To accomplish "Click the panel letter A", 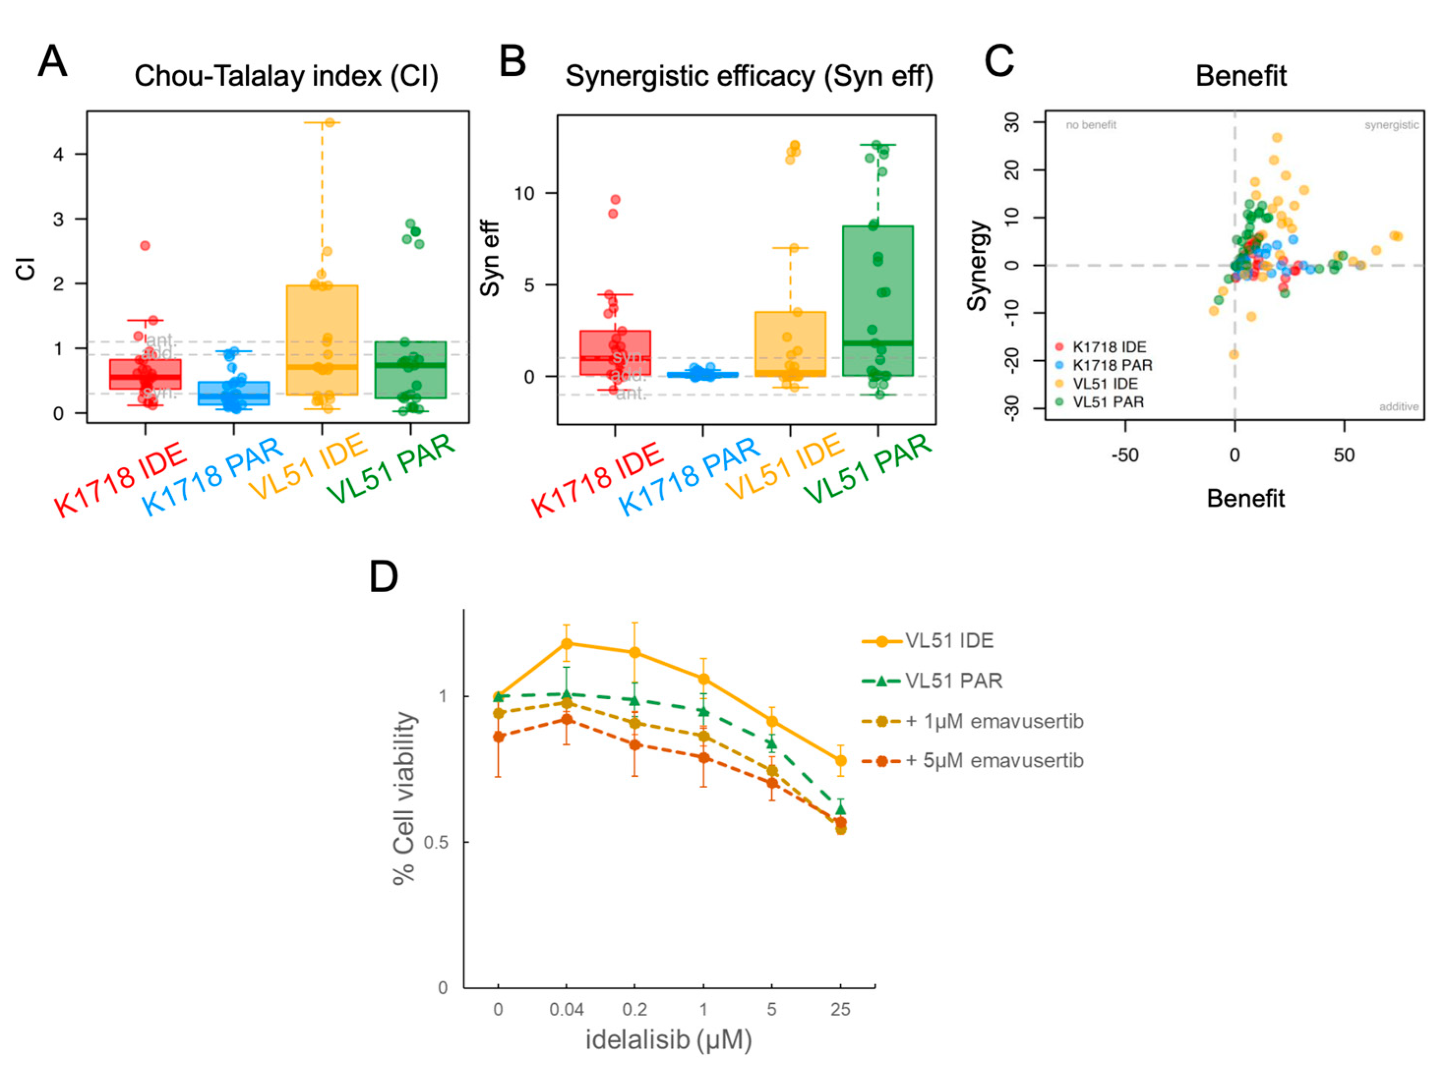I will click(53, 62).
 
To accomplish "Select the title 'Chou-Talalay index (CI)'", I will click(286, 76).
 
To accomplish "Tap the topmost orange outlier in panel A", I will click(329, 122).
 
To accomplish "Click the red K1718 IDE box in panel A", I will click(146, 373).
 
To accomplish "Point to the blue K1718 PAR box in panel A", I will click(234, 393).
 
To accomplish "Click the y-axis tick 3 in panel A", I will click(59, 219).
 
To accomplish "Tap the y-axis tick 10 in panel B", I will click(525, 194).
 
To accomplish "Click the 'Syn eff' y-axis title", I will click(490, 258).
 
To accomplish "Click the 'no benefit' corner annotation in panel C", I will click(1091, 125).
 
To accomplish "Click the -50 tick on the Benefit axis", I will click(1125, 455).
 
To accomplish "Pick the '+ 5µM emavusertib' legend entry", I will click(994, 761).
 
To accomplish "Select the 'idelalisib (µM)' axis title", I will click(668, 1039).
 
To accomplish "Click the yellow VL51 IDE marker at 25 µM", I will click(840, 761).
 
